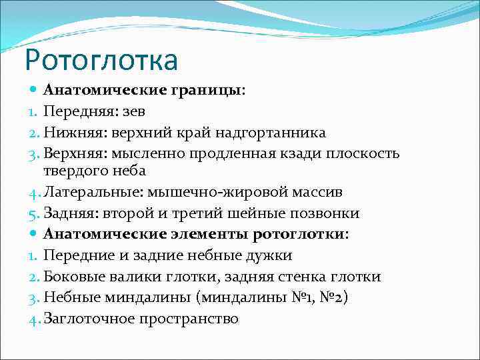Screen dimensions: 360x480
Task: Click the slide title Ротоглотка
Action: pos(101,59)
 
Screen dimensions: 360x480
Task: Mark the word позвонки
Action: pos(329,213)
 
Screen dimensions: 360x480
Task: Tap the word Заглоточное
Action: pos(89,319)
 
